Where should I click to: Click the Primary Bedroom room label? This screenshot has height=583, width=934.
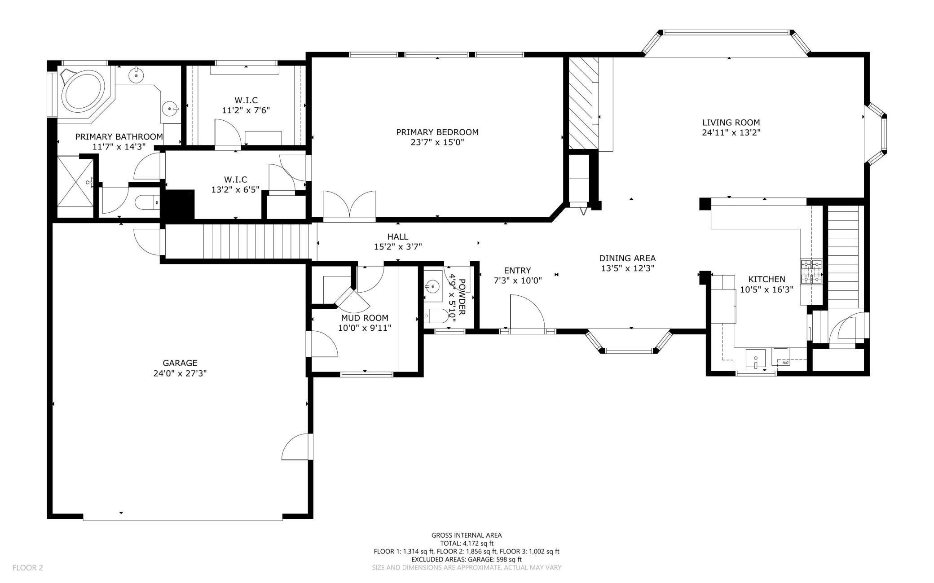click(437, 132)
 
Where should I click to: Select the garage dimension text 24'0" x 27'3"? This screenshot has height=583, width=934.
click(180, 373)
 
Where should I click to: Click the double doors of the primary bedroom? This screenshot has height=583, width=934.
click(349, 206)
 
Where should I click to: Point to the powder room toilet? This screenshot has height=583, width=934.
click(435, 316)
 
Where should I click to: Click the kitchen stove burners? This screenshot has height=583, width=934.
click(811, 272)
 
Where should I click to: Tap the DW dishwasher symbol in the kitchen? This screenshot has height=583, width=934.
click(785, 362)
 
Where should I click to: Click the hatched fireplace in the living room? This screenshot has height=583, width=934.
click(583, 103)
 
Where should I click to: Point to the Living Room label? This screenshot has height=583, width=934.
click(731, 122)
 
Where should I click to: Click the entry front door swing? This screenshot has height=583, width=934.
click(527, 313)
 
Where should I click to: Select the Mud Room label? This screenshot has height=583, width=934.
click(364, 318)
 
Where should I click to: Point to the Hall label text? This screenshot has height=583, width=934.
click(397, 237)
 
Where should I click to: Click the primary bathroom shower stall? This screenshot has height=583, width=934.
click(75, 186)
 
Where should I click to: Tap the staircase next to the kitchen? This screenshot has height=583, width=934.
click(845, 256)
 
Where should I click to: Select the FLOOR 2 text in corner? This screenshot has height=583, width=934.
click(27, 568)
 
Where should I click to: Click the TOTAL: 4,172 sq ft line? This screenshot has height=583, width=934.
click(466, 543)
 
